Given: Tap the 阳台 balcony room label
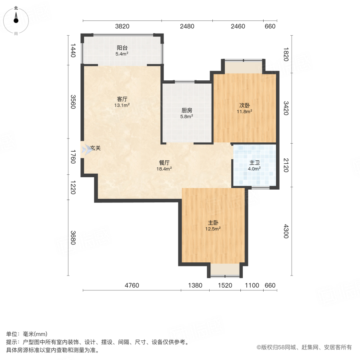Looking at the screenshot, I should (x=122, y=47).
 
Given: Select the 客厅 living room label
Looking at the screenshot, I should (x=122, y=99).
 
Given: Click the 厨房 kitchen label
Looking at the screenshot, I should (x=187, y=110).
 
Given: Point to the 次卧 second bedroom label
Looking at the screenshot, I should (x=245, y=105).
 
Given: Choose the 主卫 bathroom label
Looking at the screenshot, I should (x=255, y=162).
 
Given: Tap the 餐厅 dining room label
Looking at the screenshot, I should (x=164, y=162).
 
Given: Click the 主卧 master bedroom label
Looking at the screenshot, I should (x=213, y=222).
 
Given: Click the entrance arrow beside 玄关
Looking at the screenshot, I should (x=86, y=149).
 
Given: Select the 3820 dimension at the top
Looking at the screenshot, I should (x=122, y=26).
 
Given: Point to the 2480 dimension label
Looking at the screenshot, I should (x=187, y=26).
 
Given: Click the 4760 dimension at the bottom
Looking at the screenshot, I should (x=132, y=285).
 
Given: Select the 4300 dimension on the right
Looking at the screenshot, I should (x=285, y=231).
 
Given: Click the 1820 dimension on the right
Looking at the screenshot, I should (x=285, y=54).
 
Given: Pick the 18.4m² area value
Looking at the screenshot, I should (x=164, y=169).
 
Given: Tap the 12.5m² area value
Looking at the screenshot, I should (x=213, y=229).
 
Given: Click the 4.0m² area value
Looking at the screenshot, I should (x=255, y=169).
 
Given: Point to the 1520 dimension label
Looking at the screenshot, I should (x=225, y=285).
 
